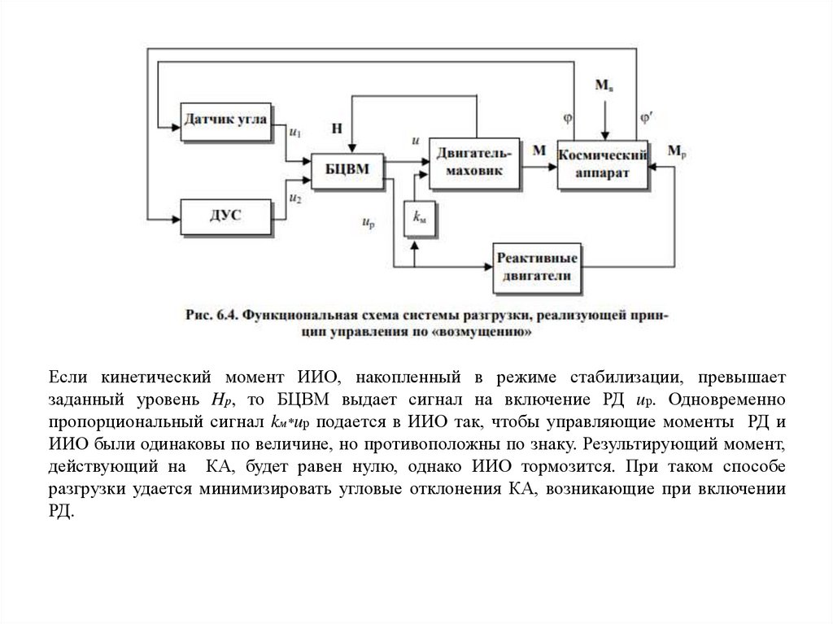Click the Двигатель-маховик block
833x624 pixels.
[474, 160]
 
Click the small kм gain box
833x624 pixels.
[421, 217]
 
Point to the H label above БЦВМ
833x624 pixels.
[337, 128]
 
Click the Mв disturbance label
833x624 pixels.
[604, 85]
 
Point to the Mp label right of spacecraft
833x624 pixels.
[676, 151]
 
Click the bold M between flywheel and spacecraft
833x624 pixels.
[539, 150]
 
